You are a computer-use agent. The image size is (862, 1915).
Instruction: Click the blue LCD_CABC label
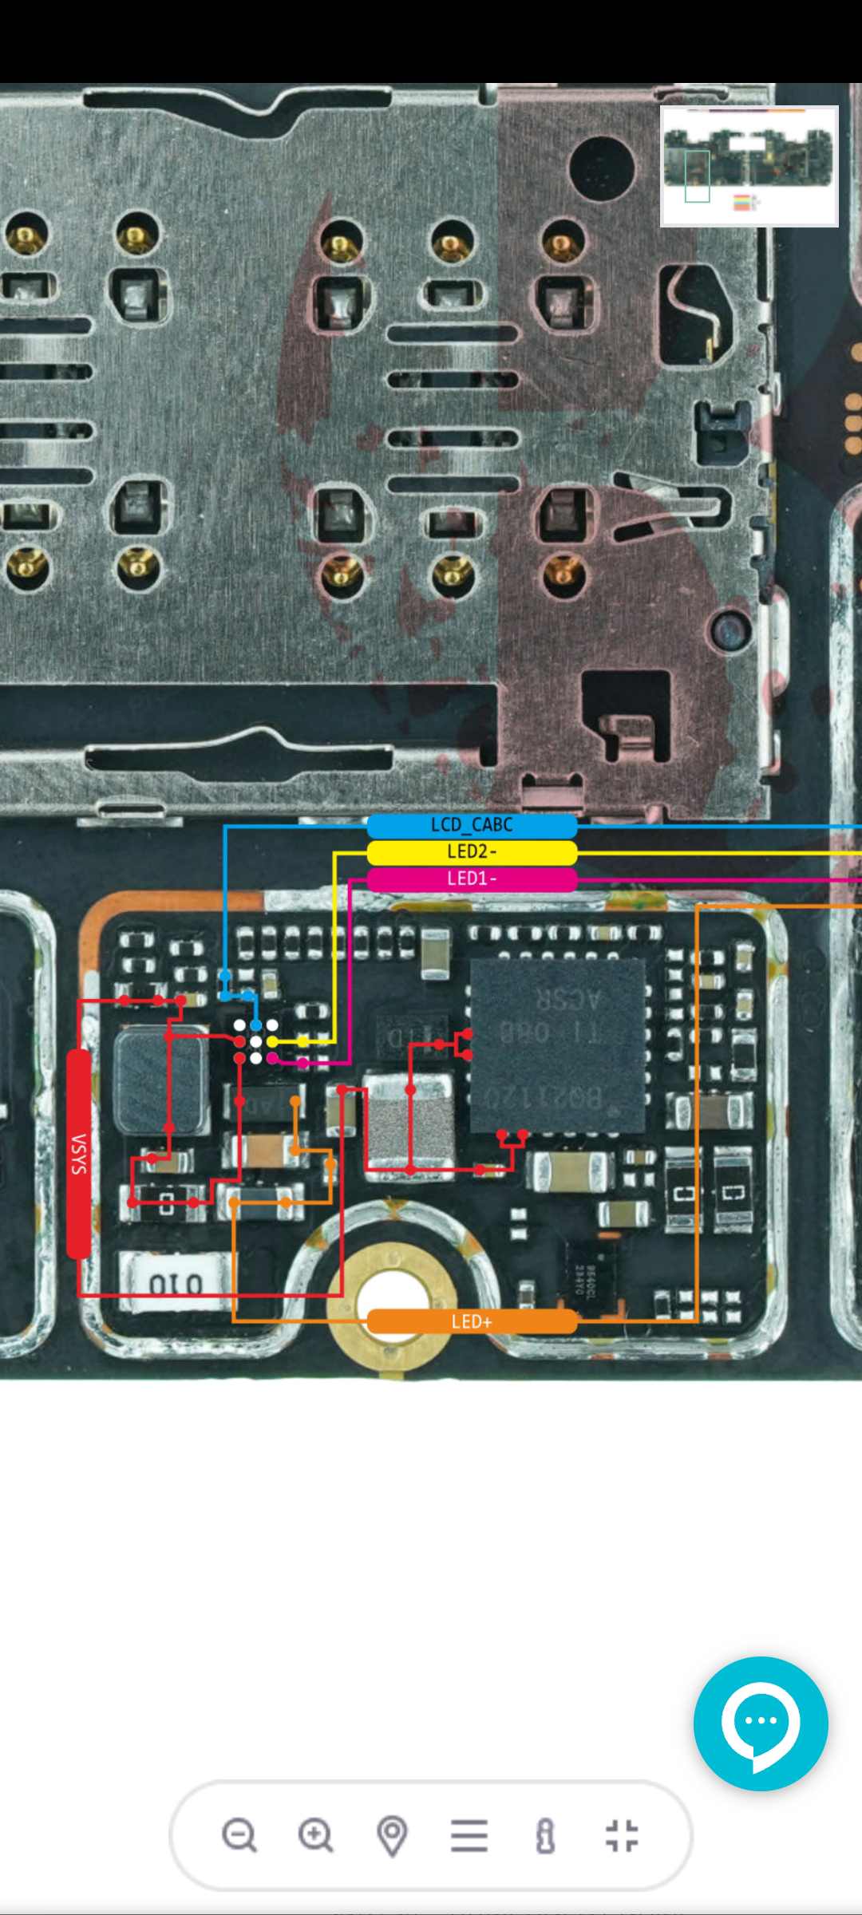[x=472, y=825]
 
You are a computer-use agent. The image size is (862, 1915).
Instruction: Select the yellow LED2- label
[x=472, y=852]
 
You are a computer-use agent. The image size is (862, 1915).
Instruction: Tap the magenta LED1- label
[x=472, y=879]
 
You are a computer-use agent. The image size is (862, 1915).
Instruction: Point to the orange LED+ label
[x=472, y=1321]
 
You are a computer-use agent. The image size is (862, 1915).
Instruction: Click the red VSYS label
[x=78, y=1154]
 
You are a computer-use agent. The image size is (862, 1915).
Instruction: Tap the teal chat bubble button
[x=761, y=1723]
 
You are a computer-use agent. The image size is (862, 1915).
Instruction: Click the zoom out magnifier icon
[x=239, y=1835]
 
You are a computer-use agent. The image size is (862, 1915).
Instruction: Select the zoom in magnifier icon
[x=315, y=1835]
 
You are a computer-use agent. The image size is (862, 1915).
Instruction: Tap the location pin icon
[x=392, y=1835]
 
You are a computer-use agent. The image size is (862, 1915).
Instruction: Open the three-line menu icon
[x=469, y=1835]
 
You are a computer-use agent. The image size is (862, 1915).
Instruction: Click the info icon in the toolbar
[x=545, y=1835]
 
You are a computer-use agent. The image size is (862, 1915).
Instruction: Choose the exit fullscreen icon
[x=622, y=1835]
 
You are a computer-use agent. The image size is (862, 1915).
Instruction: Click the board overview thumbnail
[x=749, y=166]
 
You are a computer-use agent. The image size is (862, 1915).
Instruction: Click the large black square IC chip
[x=557, y=1045]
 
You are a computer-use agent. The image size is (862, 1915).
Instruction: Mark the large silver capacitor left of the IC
[x=409, y=1121]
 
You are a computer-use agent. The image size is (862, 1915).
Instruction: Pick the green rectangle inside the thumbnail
[x=697, y=176]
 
